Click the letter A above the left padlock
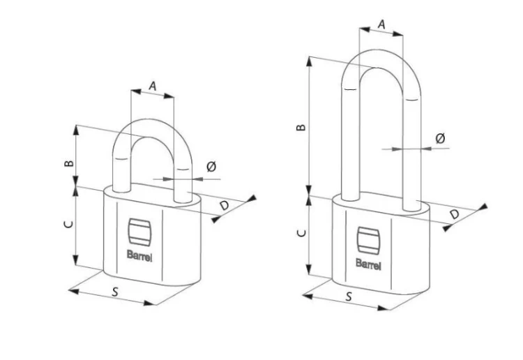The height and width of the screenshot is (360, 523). click(x=153, y=86)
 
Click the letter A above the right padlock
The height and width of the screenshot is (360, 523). click(x=381, y=24)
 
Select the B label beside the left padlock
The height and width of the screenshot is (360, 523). click(x=69, y=163)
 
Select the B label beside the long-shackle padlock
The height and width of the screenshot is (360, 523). click(x=301, y=127)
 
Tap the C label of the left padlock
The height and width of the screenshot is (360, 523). click(x=68, y=224)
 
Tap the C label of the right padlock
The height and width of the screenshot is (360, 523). click(x=301, y=232)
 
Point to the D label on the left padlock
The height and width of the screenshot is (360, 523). click(x=225, y=205)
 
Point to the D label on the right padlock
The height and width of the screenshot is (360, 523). click(x=455, y=214)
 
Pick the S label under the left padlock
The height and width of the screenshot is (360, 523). click(x=115, y=292)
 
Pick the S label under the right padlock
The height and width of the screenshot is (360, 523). click(x=349, y=297)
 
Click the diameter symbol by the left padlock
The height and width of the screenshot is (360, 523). click(x=211, y=166)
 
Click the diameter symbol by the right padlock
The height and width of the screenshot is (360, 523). click(x=440, y=138)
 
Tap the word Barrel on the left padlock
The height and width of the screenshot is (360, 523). click(x=139, y=256)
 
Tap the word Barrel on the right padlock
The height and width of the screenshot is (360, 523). click(x=368, y=264)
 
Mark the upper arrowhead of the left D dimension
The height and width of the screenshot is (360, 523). click(x=252, y=198)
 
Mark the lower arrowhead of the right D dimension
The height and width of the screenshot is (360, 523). click(x=447, y=228)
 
